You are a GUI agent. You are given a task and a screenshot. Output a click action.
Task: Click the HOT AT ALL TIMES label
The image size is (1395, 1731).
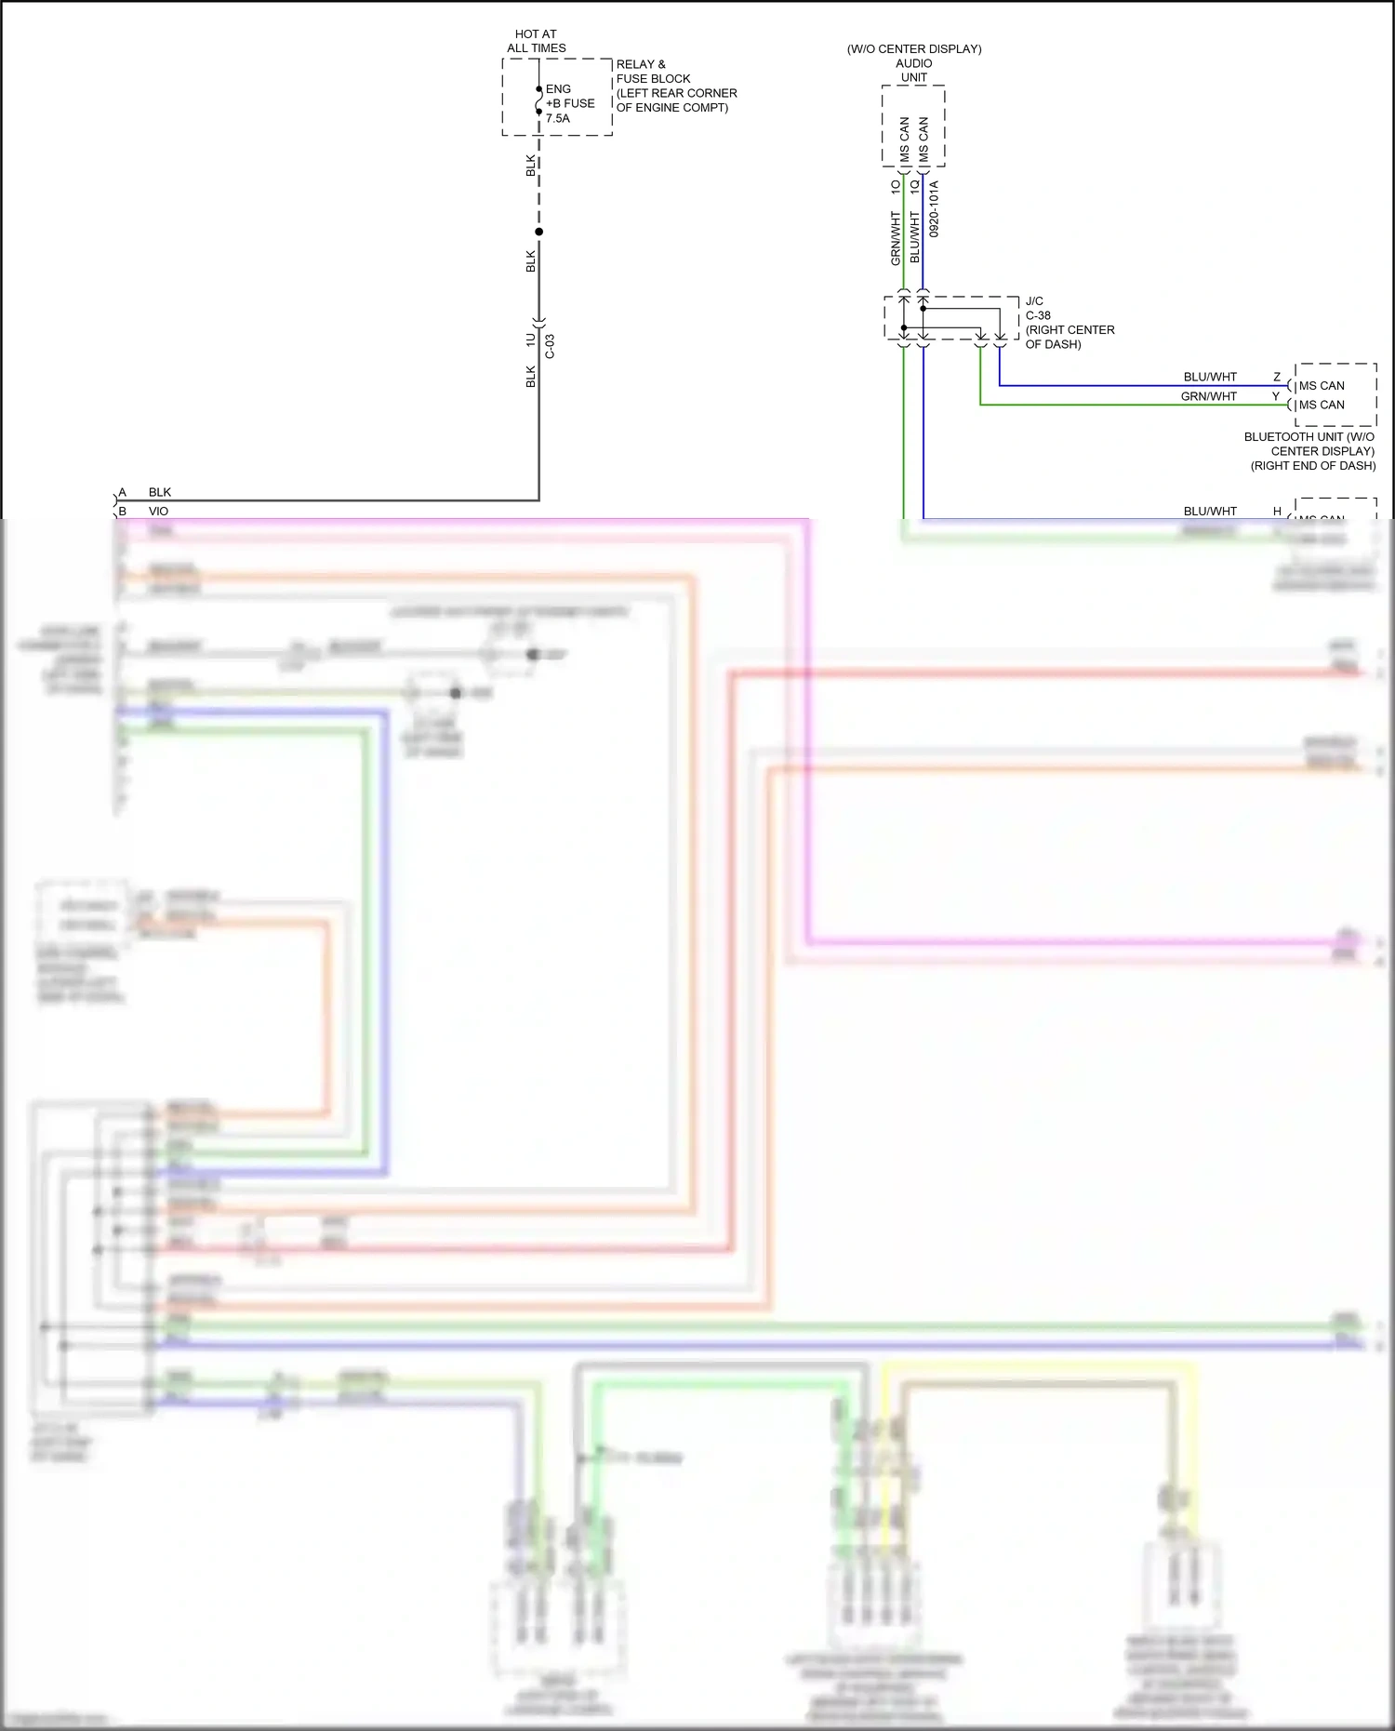[x=536, y=41]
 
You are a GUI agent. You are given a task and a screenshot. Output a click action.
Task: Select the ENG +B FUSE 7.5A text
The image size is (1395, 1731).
[x=569, y=103]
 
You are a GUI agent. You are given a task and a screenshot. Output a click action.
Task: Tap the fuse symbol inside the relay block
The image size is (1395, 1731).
[x=538, y=100]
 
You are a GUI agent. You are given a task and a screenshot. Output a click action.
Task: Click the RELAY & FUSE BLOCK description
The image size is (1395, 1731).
[x=676, y=86]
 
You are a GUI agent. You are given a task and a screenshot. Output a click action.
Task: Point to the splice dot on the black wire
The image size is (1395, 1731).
[x=538, y=232]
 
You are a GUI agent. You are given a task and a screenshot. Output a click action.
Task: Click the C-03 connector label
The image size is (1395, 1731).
[x=550, y=346]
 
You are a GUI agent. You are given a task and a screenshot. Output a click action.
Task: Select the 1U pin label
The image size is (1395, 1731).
[x=530, y=340]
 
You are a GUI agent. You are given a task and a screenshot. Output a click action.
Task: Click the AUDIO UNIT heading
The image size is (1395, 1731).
[x=913, y=70]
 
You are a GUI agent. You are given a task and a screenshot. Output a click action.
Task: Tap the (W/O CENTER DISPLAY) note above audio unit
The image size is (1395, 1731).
[x=913, y=48]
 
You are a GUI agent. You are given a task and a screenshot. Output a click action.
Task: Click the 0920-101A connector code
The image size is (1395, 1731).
[x=934, y=208]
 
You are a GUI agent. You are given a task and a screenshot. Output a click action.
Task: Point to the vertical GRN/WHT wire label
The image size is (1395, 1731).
[x=896, y=238]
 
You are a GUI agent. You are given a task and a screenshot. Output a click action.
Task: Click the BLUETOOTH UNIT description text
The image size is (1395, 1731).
[x=1311, y=450]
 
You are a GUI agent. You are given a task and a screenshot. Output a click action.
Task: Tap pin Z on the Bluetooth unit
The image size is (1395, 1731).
[x=1277, y=377]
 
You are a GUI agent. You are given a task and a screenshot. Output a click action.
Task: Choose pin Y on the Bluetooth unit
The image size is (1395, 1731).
[x=1276, y=396]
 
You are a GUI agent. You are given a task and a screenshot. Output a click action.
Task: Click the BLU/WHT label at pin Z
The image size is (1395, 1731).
[x=1210, y=377]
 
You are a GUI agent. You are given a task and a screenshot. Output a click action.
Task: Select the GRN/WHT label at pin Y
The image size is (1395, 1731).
[x=1208, y=396]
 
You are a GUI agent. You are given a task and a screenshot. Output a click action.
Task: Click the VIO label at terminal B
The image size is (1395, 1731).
[x=158, y=511]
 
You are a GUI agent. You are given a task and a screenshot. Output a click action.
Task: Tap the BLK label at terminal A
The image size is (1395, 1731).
[x=160, y=492]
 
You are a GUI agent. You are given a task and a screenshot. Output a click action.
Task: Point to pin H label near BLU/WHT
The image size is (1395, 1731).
[x=1277, y=511]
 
